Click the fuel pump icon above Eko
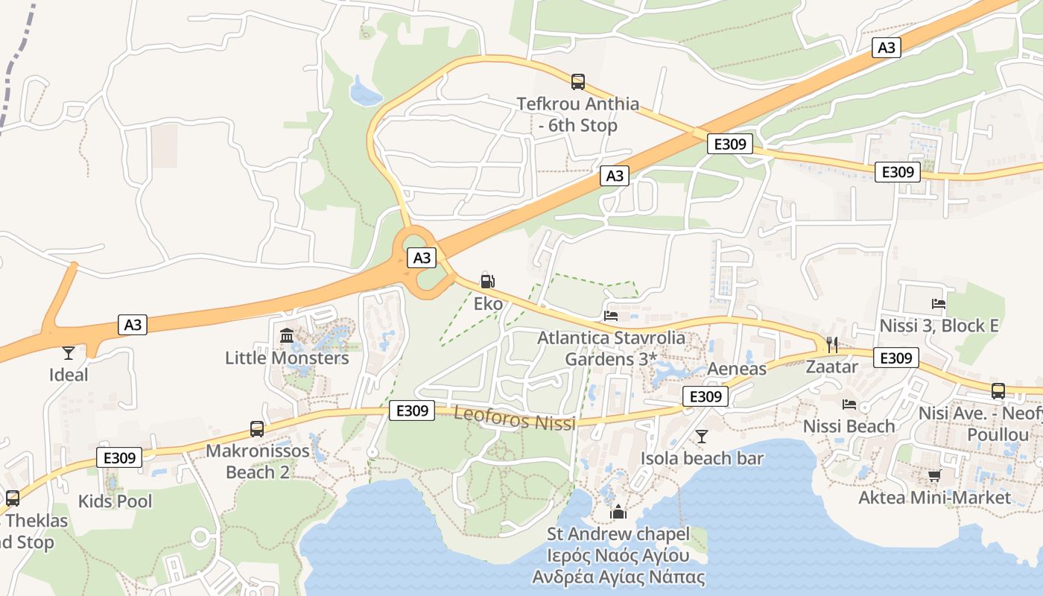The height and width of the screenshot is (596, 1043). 487,282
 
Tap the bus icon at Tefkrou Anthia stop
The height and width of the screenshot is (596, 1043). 577,82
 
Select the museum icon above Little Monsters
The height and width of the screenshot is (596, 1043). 287,336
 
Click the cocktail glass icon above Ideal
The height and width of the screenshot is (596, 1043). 69,352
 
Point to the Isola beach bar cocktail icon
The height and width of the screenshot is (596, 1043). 701,436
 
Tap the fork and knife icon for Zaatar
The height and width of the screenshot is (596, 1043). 832,344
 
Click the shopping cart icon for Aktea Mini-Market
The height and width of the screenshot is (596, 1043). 934,475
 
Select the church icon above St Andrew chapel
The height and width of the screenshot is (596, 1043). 617,512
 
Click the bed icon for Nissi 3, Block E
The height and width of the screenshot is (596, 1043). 939,303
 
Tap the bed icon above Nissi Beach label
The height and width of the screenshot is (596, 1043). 849,405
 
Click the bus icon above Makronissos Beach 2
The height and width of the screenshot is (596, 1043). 257,428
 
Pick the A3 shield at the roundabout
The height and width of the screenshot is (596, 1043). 422,258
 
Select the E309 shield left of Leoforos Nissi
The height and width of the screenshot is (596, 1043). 411,410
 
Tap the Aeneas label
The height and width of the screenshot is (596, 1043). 736,369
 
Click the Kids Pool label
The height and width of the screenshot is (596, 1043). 115,501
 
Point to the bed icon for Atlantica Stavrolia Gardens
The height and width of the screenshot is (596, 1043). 611,316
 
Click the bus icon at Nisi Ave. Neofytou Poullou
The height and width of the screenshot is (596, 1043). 998,390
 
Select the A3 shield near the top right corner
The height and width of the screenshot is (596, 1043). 886,48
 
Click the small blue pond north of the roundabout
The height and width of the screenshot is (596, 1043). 365,92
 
